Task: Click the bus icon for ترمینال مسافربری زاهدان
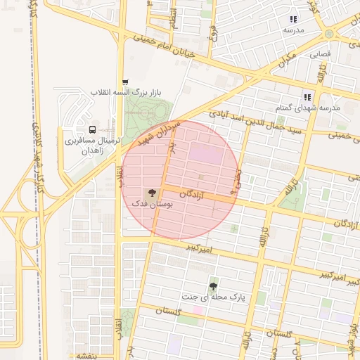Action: point(92,129)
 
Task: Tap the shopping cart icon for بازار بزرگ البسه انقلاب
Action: point(125,82)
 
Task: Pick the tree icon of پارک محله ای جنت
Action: point(213,286)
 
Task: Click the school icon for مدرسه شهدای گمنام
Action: point(307,97)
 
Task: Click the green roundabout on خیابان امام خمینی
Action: point(329,34)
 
